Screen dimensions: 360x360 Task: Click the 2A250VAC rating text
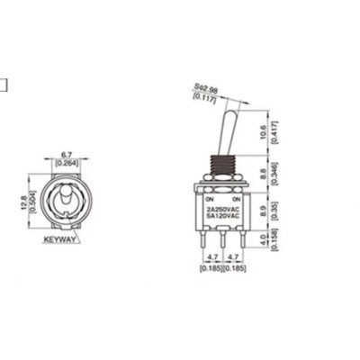(x=220, y=208)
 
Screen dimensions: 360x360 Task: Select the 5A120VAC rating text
(x=220, y=216)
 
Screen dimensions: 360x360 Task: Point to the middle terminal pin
(x=220, y=241)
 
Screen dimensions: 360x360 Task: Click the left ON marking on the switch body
(x=209, y=197)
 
